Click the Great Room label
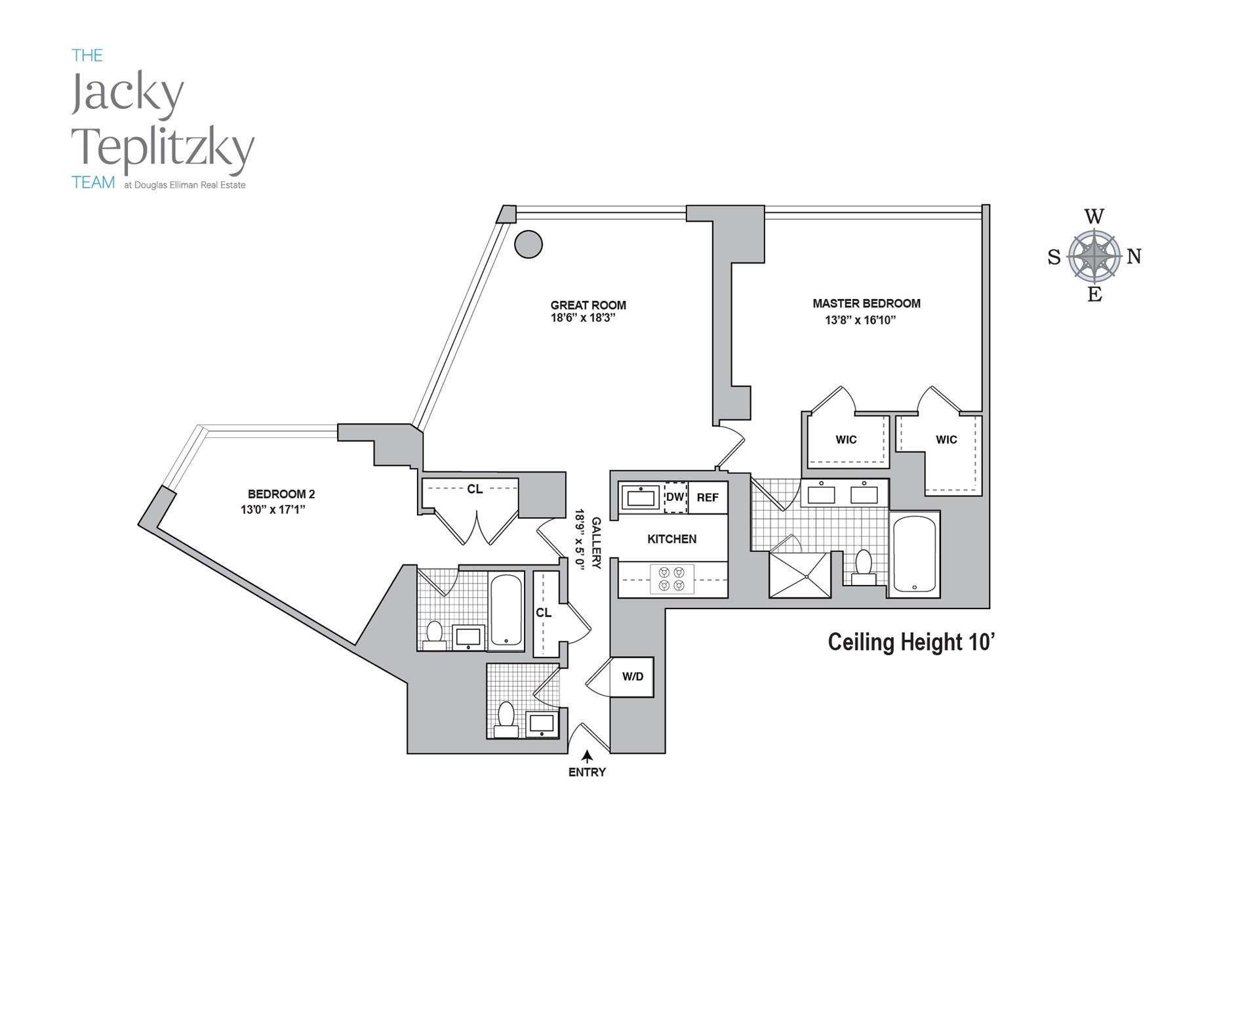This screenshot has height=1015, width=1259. [x=588, y=305]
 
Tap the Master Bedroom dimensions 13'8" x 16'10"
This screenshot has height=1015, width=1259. [x=860, y=320]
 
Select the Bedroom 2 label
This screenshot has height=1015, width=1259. [x=281, y=494]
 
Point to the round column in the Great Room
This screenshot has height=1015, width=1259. [x=529, y=245]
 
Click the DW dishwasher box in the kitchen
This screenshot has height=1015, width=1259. [x=675, y=497]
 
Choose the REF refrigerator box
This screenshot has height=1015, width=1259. [x=708, y=498]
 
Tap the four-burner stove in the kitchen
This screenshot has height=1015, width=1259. [x=671, y=579]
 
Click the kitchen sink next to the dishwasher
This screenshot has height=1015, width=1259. [x=641, y=498]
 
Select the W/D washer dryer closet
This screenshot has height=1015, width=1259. [x=632, y=677]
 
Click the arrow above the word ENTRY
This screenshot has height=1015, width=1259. [x=587, y=756]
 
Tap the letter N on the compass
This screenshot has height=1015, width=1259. [x=1134, y=256]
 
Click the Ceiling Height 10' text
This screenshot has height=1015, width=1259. [x=911, y=641]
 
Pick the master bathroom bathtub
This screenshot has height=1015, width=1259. [x=914, y=555]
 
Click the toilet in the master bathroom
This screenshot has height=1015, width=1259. [x=863, y=567]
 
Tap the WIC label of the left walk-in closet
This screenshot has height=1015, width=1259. [x=846, y=440]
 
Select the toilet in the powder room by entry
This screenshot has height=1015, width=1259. [x=506, y=718]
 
